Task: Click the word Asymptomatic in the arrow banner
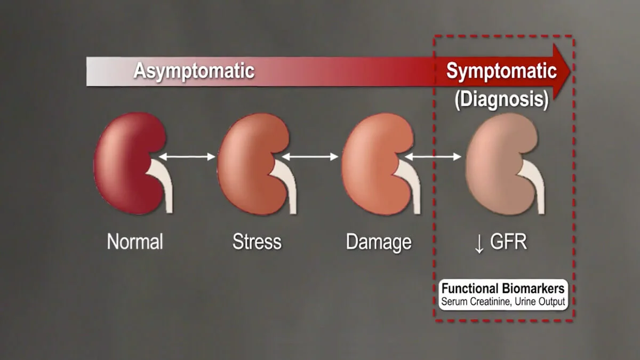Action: point(194,71)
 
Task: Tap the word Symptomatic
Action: point(501,71)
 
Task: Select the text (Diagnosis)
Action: point(501,100)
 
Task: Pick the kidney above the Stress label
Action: point(249,163)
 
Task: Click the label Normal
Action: point(135,242)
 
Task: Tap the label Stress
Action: point(257,242)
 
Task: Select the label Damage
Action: point(379,242)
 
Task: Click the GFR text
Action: point(508,242)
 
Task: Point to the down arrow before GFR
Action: point(479,243)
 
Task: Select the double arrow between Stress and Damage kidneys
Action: point(310,157)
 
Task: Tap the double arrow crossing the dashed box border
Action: point(434,157)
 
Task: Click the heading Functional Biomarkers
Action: point(503,289)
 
